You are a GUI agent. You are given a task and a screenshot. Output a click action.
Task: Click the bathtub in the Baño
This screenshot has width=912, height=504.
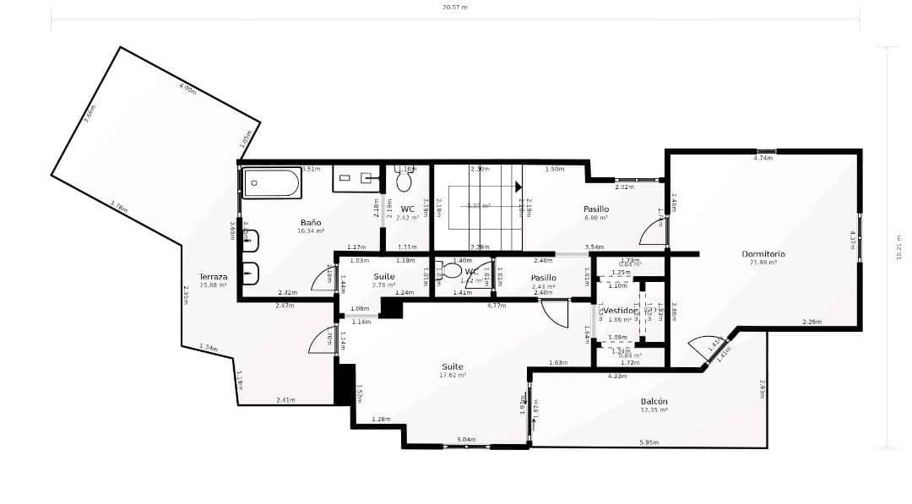(272, 183)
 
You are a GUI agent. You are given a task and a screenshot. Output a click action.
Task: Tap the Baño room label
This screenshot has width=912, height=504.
(310, 223)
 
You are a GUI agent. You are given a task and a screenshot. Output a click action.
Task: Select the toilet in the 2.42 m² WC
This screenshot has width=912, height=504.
(404, 181)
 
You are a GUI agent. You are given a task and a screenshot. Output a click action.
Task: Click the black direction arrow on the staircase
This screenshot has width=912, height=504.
(518, 185)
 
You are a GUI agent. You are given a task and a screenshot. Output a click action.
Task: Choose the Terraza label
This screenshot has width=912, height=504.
(213, 277)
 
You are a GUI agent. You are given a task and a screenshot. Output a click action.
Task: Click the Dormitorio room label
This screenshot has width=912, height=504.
(763, 253)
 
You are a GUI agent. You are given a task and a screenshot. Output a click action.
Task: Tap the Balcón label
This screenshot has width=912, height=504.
(654, 402)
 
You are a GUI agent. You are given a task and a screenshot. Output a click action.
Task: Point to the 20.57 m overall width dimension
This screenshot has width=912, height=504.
(454, 8)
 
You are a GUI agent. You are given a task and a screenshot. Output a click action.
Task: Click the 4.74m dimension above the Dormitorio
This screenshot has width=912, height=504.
(763, 158)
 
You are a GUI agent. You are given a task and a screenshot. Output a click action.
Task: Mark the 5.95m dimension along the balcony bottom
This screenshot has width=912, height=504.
(649, 442)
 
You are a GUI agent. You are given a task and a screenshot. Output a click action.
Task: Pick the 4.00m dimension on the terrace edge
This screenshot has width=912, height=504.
(187, 87)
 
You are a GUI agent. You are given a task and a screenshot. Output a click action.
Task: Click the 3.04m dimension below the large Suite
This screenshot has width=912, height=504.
(465, 440)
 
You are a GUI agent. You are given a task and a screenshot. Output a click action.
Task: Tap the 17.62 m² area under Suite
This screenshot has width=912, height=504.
(453, 376)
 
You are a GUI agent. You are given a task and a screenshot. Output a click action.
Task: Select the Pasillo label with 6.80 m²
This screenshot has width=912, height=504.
(596, 209)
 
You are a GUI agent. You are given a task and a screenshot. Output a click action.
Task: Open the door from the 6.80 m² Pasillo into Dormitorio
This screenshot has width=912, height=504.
(654, 231)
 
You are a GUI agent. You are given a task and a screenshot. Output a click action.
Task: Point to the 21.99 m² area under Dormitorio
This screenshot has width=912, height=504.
(763, 263)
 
